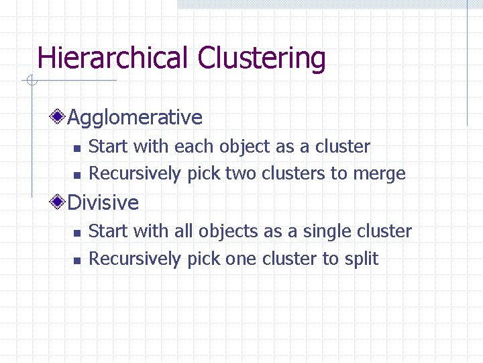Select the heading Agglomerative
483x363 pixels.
pos(135,118)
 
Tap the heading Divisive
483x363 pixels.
pos(103,202)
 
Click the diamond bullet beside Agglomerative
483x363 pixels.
pos(60,117)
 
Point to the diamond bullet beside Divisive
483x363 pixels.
pos(60,202)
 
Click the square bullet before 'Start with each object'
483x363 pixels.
pos(76,148)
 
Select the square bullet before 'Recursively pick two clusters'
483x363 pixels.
pos(76,175)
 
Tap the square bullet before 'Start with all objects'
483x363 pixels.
pos(76,233)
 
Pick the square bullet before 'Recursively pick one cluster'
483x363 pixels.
pos(76,260)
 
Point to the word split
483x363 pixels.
pos(361,259)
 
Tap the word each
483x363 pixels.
pos(191,146)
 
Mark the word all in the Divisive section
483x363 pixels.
pos(183,231)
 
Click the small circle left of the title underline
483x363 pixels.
pos(31,81)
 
